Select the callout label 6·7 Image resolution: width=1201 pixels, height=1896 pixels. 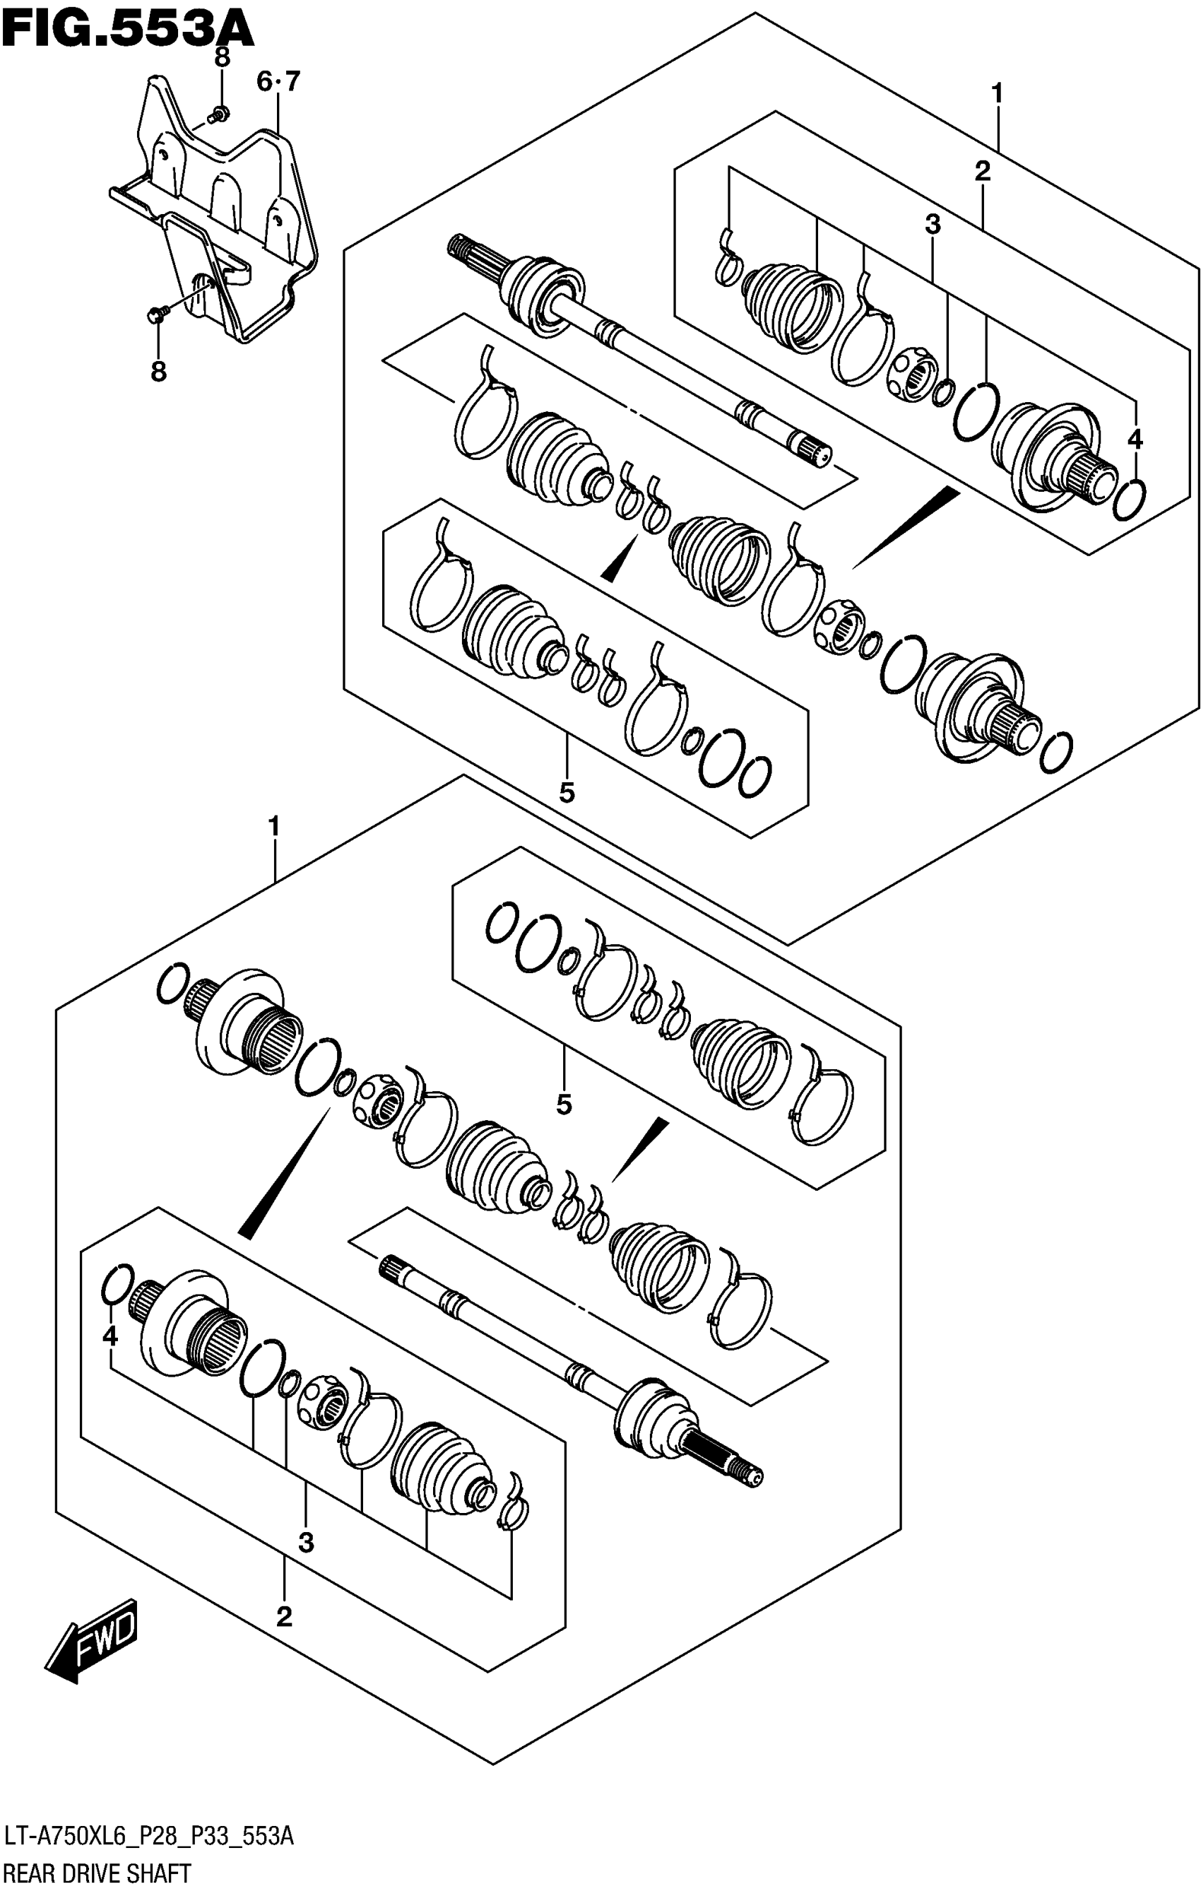[x=278, y=81]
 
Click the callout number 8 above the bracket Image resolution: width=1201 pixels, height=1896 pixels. [x=222, y=57]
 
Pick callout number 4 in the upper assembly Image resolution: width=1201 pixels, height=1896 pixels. [x=1134, y=440]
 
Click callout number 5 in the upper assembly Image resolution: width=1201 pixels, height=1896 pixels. [x=567, y=792]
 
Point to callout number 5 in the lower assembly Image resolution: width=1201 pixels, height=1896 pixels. [x=564, y=1105]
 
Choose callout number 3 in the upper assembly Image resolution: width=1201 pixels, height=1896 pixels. [x=933, y=225]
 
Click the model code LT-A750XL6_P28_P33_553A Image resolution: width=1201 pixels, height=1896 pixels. [x=149, y=1838]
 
